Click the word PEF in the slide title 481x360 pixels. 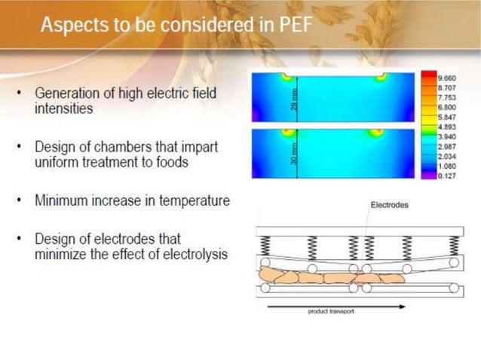(x=291, y=25)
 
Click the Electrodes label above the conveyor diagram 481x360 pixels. (x=389, y=204)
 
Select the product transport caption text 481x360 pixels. (x=331, y=312)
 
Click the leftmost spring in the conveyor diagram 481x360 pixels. (x=265, y=246)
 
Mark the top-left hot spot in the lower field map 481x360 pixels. (x=286, y=133)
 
